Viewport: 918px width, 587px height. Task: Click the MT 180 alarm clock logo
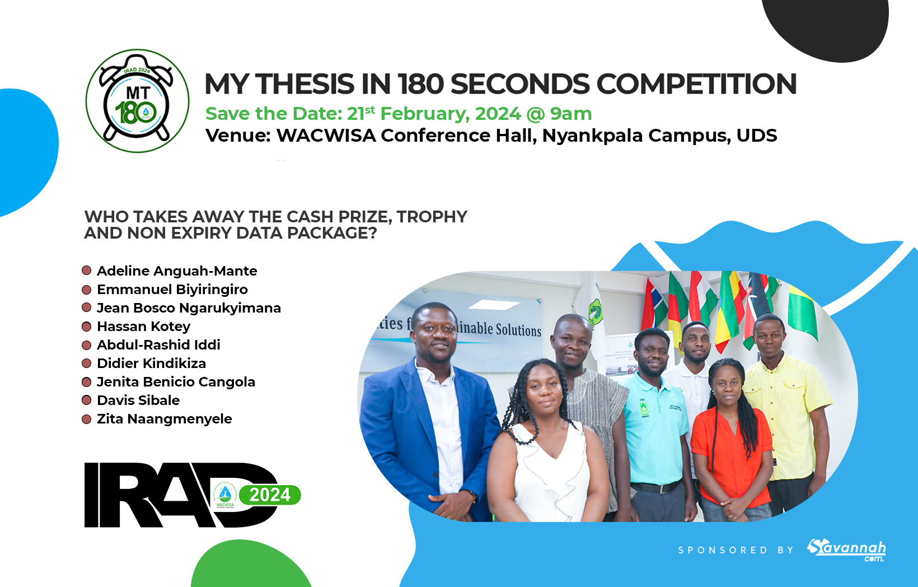tap(137, 101)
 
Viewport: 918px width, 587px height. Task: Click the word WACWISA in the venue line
tap(326, 136)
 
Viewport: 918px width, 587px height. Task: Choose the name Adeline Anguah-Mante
tap(177, 271)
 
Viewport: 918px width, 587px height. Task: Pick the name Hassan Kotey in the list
tap(143, 327)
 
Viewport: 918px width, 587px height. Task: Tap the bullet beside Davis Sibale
tap(87, 400)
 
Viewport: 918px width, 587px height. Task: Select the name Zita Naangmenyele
tap(164, 419)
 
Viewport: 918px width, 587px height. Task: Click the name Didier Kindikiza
tap(151, 364)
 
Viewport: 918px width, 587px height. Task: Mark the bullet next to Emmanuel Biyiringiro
tap(87, 290)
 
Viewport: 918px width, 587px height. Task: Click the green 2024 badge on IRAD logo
tap(270, 495)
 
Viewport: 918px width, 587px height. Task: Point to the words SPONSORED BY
tap(736, 551)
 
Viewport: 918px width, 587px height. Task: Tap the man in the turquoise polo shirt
tap(655, 420)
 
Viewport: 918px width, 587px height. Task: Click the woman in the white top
tap(546, 448)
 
